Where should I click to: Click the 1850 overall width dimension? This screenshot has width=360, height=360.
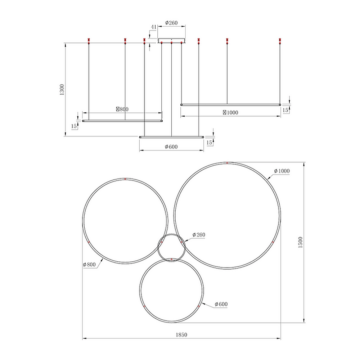point(181,335)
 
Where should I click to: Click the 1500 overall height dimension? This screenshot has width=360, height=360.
point(300,242)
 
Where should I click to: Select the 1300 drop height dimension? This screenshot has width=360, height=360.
point(62,90)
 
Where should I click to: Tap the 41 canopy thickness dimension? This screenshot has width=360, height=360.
point(153,27)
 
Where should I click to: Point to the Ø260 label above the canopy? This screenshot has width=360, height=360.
point(171,23)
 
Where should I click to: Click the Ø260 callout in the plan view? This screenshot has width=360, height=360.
point(199,235)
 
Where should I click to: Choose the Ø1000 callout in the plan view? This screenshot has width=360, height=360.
point(282,171)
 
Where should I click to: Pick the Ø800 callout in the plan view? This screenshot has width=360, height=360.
point(89,265)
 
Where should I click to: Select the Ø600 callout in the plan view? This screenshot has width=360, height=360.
point(221,304)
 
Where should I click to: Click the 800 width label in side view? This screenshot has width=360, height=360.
point(122,109)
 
